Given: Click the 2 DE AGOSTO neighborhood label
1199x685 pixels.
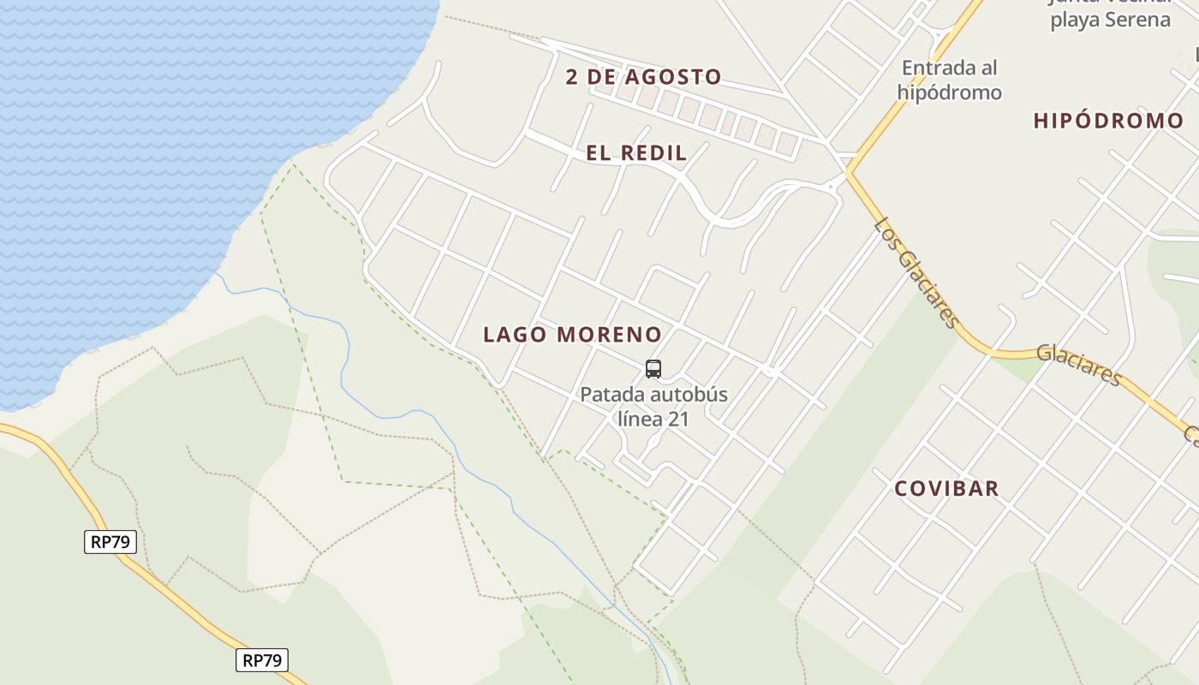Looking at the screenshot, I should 644,77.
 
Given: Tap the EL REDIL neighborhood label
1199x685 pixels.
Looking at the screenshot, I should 636,153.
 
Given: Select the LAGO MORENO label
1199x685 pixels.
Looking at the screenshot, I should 572,335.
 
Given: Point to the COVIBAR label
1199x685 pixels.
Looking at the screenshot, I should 946,489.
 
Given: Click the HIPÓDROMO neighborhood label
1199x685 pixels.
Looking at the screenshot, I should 1108,121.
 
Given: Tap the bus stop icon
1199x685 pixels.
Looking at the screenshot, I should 653,369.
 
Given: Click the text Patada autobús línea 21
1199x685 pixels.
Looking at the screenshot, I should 653,407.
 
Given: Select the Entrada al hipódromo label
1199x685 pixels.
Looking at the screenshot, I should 949,80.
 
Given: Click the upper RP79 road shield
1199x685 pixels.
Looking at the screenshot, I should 110,542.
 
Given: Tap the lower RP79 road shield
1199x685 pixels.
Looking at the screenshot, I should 262,660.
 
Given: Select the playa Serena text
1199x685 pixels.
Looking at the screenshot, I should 1110,19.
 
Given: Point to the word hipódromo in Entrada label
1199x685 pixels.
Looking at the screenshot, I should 949,92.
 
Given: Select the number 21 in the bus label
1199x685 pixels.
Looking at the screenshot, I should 678,419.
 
